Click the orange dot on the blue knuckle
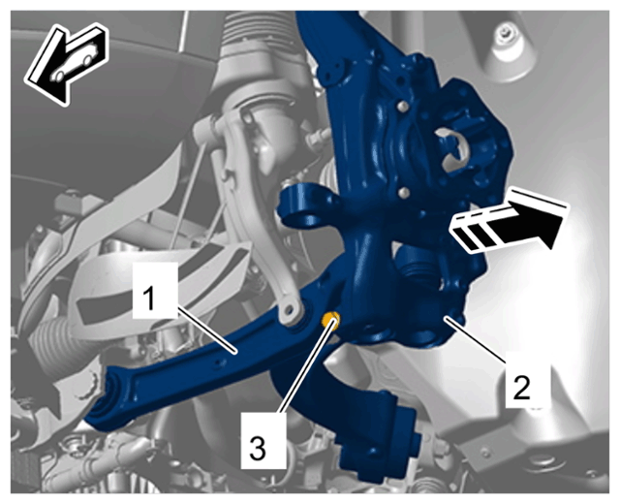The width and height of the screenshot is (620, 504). click(331, 318)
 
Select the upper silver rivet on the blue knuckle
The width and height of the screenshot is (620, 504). click(402, 107)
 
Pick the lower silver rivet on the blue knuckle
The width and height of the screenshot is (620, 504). click(403, 193)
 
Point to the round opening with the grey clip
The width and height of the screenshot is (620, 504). click(451, 149)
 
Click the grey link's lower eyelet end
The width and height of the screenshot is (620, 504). click(292, 310)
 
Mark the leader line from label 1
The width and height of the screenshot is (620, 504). click(207, 330)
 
